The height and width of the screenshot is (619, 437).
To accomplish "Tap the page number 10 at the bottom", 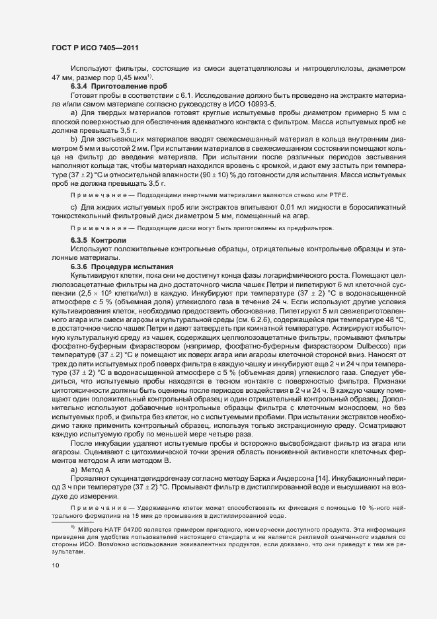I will click(56, 565).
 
